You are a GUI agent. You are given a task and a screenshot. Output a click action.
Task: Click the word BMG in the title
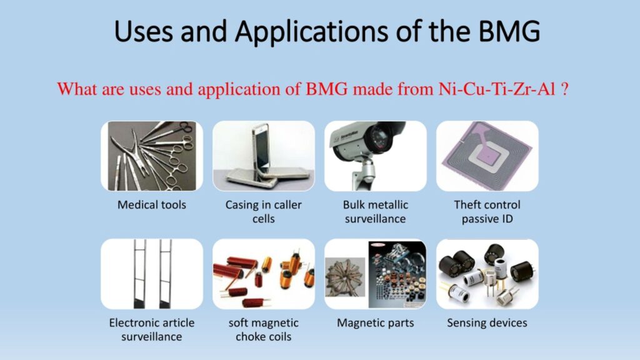click(x=509, y=31)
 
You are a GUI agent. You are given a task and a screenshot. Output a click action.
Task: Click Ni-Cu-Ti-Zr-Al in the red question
click(x=497, y=89)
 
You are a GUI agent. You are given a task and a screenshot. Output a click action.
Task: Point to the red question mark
click(x=565, y=89)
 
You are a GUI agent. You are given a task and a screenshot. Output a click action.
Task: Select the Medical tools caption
click(x=152, y=204)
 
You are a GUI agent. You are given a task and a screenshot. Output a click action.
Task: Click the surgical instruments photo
click(x=152, y=156)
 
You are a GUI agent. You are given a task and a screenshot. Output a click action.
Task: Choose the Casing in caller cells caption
click(x=264, y=211)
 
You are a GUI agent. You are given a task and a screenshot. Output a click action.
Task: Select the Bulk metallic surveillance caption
click(x=376, y=211)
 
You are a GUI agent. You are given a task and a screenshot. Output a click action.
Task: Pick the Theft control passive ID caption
click(x=487, y=211)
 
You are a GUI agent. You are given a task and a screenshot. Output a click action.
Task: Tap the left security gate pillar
click(x=139, y=274)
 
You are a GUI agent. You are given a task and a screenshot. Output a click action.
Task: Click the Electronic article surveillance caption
click(x=152, y=329)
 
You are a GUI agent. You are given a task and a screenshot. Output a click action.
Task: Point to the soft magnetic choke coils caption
click(x=264, y=329)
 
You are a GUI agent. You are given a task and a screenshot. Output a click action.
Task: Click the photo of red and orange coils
click(x=264, y=274)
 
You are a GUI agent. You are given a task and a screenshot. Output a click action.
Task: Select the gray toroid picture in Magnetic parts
click(x=345, y=277)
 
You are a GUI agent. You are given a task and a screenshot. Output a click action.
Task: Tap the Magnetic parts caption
click(x=376, y=323)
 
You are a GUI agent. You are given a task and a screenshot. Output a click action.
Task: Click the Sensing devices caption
click(x=487, y=323)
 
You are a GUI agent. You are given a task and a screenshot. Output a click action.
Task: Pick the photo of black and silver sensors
click(x=487, y=274)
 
